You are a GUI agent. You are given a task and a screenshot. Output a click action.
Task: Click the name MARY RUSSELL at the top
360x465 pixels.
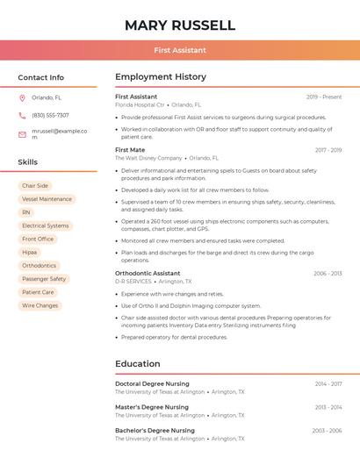[180, 25]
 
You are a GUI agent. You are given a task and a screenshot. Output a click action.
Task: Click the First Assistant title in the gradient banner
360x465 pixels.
[180, 51]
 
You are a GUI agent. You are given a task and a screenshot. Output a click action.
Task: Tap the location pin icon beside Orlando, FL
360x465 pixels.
[22, 97]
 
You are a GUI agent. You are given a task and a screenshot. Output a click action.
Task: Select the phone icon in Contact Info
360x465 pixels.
[22, 115]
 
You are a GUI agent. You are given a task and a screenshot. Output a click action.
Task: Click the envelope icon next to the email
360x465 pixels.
[22, 134]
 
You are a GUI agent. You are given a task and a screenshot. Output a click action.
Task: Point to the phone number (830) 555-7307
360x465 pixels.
[50, 115]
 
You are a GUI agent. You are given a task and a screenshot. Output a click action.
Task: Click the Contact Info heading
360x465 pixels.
[40, 77]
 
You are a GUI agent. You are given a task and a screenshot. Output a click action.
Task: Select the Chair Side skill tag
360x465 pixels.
[35, 186]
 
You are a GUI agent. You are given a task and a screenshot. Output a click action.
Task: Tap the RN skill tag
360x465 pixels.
[26, 212]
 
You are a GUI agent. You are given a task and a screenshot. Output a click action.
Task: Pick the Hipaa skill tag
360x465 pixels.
[30, 252]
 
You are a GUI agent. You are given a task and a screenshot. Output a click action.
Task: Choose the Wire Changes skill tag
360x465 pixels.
[40, 305]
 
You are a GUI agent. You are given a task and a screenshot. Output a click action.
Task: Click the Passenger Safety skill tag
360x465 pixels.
[44, 279]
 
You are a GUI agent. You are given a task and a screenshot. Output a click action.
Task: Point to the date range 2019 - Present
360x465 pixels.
[324, 97]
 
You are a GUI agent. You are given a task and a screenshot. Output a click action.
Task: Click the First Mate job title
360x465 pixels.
[130, 150]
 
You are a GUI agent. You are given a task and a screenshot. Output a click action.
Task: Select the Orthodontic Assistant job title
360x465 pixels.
[148, 273]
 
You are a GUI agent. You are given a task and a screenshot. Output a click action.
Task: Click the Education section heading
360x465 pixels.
[138, 363]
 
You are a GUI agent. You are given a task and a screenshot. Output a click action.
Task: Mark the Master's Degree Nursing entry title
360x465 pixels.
[152, 407]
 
